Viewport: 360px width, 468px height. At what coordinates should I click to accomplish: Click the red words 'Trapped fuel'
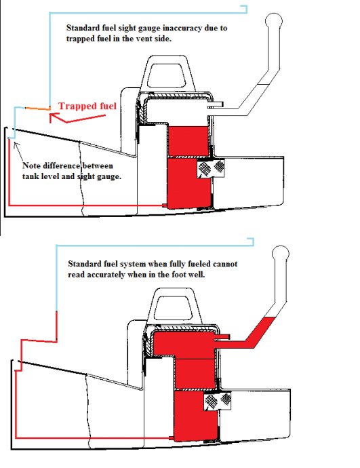coord(87,106)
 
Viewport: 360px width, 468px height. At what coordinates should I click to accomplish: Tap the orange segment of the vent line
coord(37,109)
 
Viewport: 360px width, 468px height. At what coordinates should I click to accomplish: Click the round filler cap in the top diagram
coord(273,20)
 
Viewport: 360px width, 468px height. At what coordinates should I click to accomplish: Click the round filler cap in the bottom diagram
coord(281,254)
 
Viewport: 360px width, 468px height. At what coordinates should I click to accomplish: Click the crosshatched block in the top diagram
coord(212,168)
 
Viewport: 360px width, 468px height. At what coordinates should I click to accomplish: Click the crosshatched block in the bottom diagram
coord(218,401)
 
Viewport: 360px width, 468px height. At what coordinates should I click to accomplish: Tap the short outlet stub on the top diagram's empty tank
coord(216,104)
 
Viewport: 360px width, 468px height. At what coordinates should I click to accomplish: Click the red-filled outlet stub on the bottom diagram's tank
coord(222,336)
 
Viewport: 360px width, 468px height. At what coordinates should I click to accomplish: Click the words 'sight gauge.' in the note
coord(99,176)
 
